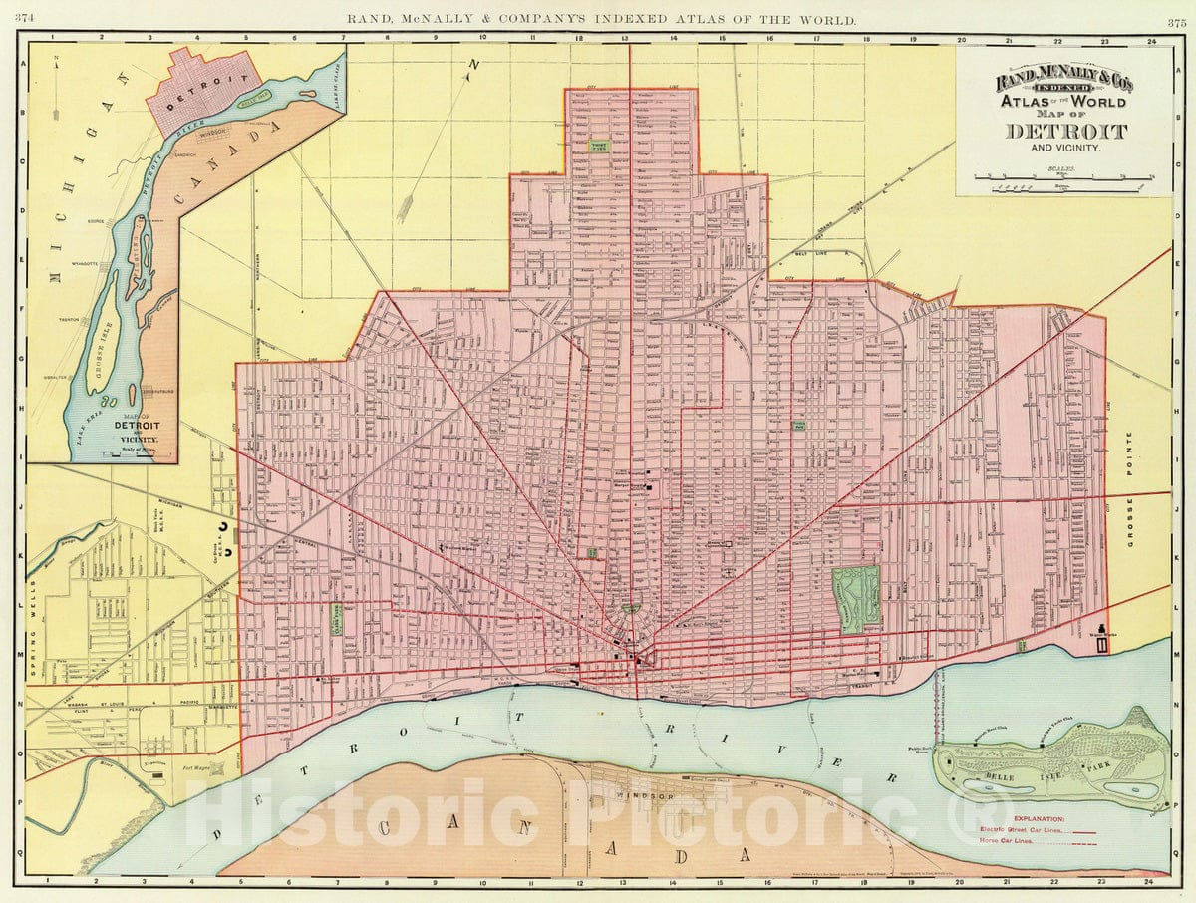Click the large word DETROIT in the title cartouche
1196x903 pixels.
coord(1065,131)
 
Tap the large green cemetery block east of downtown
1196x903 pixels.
coord(856,600)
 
